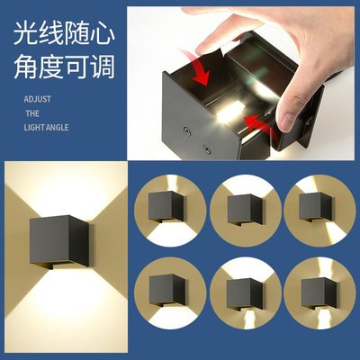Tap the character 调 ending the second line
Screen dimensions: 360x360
pyautogui.click(x=105, y=66)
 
